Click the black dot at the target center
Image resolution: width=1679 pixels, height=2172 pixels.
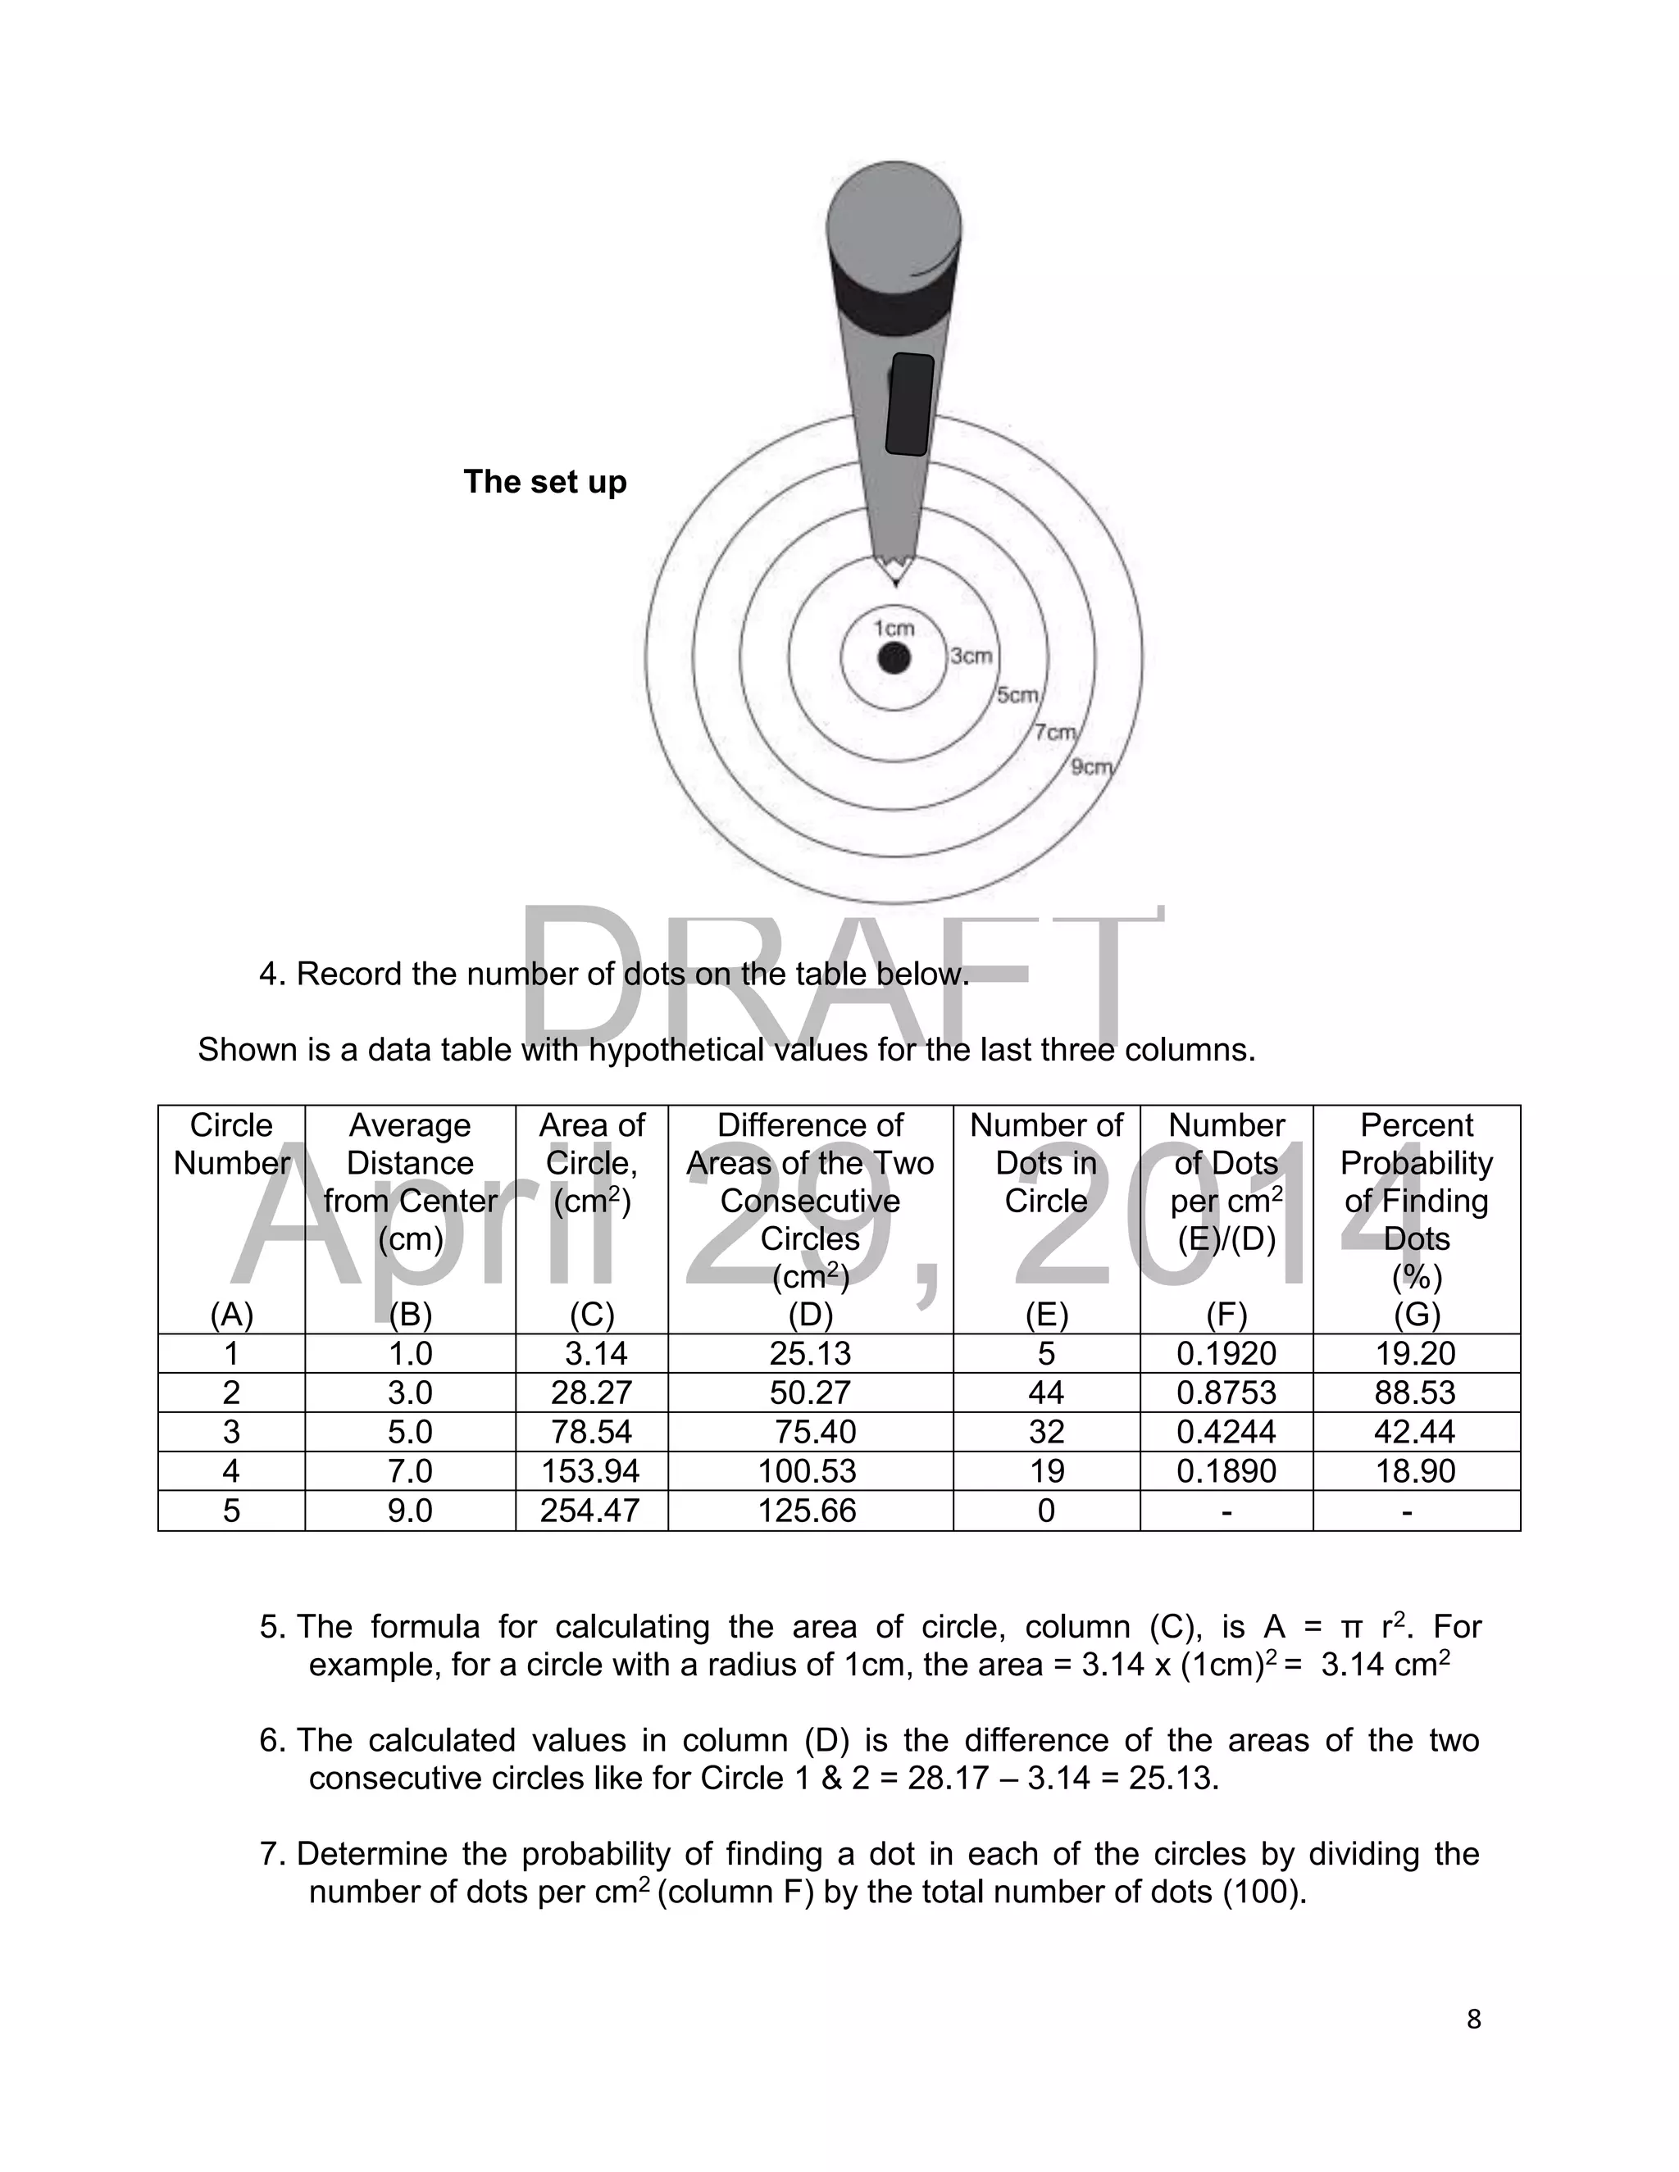[x=894, y=658]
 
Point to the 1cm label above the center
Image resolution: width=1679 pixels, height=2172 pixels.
[x=894, y=628]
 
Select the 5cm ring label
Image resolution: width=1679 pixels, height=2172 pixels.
[x=1017, y=695]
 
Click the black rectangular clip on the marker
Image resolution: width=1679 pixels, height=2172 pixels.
[x=909, y=404]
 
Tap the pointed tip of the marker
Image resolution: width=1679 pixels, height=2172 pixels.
[x=896, y=577]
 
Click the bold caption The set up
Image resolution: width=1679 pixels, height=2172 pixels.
[x=545, y=481]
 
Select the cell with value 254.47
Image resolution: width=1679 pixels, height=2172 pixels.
[x=591, y=1511]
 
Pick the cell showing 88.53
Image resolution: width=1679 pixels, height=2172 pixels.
[x=1414, y=1393]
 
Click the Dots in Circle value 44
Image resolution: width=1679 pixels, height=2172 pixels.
[x=1045, y=1393]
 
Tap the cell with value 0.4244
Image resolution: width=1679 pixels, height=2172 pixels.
[x=1226, y=1431]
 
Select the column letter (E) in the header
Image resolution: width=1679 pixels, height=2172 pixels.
[x=1045, y=1315]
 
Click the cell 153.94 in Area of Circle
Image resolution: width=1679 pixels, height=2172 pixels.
[x=591, y=1471]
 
